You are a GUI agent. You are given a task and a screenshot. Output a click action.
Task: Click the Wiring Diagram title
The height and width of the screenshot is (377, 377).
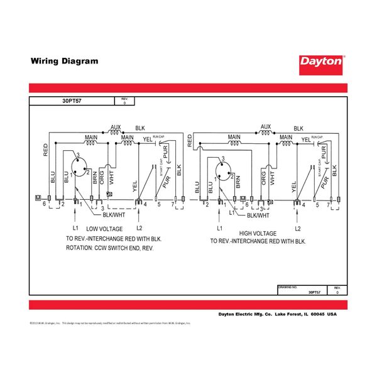[x=64, y=62]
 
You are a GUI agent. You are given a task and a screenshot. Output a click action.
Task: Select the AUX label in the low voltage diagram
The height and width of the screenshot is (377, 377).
[x=116, y=128]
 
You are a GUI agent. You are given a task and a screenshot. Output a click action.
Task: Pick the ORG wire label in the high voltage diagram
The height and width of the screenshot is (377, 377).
[x=264, y=178]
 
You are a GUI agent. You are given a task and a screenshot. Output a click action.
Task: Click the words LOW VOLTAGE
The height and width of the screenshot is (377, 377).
[x=109, y=229]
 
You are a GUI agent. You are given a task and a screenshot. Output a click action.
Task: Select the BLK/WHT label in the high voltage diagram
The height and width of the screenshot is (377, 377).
[x=258, y=216]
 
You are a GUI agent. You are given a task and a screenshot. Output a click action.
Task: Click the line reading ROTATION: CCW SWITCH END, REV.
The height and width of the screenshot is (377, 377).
[x=109, y=248]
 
